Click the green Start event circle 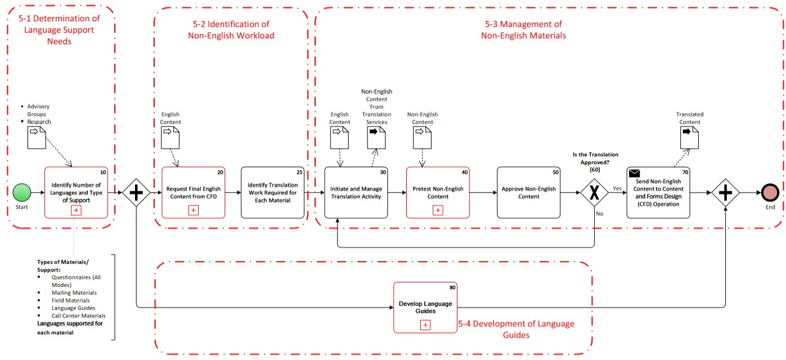point(22,192)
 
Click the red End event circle point(769,192)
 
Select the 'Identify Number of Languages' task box point(76,192)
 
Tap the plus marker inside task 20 point(193,210)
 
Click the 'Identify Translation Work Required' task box point(272,192)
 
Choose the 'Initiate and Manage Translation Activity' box point(356,192)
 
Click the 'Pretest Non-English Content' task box point(438,192)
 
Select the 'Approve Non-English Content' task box point(528,192)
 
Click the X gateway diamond point(595,192)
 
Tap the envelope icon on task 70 point(635,173)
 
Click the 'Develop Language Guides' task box point(425,308)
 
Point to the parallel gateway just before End point(725,192)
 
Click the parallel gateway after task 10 point(136,192)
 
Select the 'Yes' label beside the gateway point(617,188)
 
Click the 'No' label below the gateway point(599,213)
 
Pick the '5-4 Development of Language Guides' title point(516,329)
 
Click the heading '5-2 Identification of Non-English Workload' point(231,30)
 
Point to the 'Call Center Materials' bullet point(78,316)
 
